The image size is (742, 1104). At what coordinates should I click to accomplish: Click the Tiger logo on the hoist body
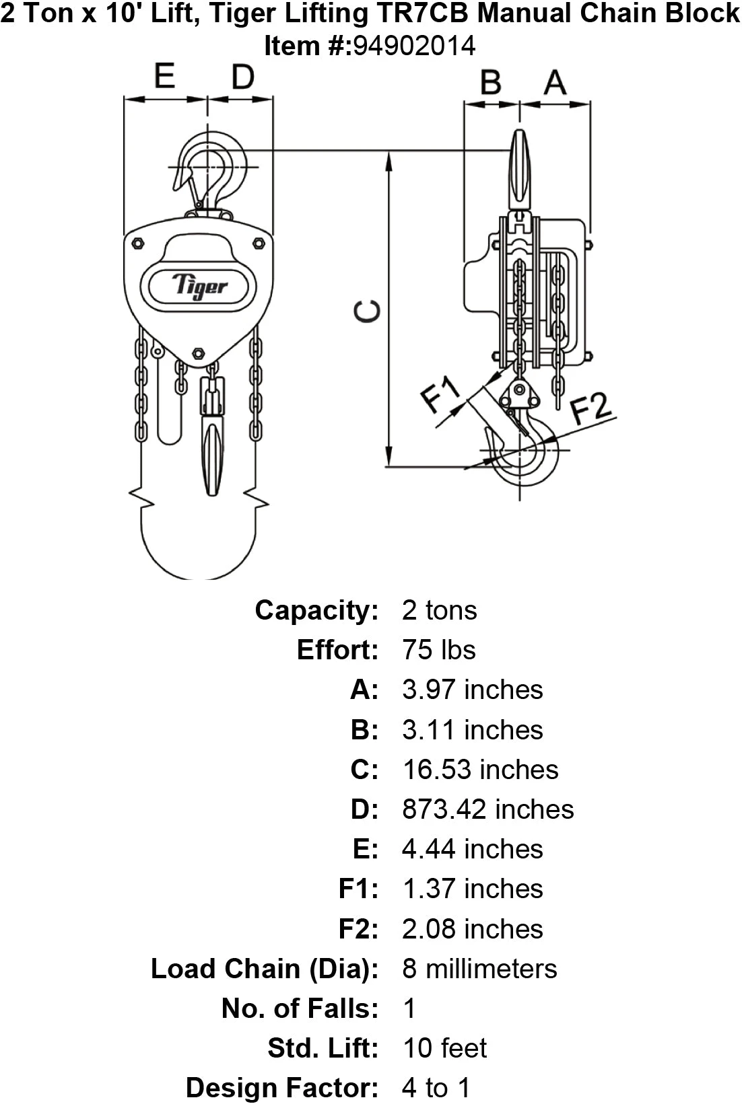click(x=199, y=287)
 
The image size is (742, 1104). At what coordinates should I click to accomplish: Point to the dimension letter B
click(x=491, y=82)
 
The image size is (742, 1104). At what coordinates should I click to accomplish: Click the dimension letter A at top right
click(x=555, y=82)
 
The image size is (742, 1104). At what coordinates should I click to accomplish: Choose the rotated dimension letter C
click(x=368, y=311)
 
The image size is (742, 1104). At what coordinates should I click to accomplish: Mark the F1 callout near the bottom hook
click(x=441, y=395)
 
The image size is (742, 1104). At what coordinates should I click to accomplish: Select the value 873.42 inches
click(x=487, y=809)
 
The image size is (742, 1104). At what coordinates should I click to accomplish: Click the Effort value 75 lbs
click(x=438, y=650)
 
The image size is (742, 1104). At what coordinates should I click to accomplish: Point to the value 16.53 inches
click(x=480, y=769)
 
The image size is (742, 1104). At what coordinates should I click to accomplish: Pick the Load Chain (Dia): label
click(x=265, y=968)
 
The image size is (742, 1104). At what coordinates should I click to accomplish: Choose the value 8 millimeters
click(x=479, y=968)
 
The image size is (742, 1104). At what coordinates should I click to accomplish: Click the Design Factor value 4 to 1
click(x=436, y=1087)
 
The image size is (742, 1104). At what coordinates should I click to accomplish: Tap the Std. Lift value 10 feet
click(x=444, y=1047)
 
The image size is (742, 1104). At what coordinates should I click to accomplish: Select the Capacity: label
click(x=316, y=610)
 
